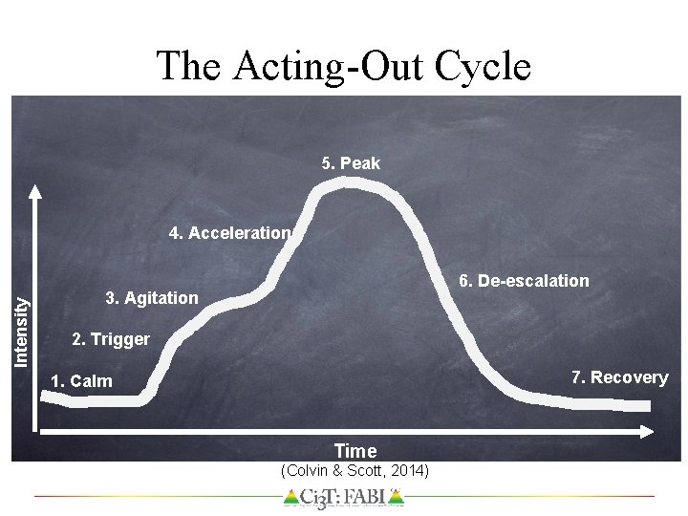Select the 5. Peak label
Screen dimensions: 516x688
[351, 163]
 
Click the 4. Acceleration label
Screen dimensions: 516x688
[229, 232]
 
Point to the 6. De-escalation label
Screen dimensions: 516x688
[524, 281]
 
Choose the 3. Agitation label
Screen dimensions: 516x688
[152, 298]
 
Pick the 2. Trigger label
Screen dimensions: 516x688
[111, 339]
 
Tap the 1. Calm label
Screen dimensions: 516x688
[81, 381]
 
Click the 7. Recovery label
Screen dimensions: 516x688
[619, 376]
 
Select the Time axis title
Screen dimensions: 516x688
[355, 450]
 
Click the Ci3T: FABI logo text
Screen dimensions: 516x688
[344, 497]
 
